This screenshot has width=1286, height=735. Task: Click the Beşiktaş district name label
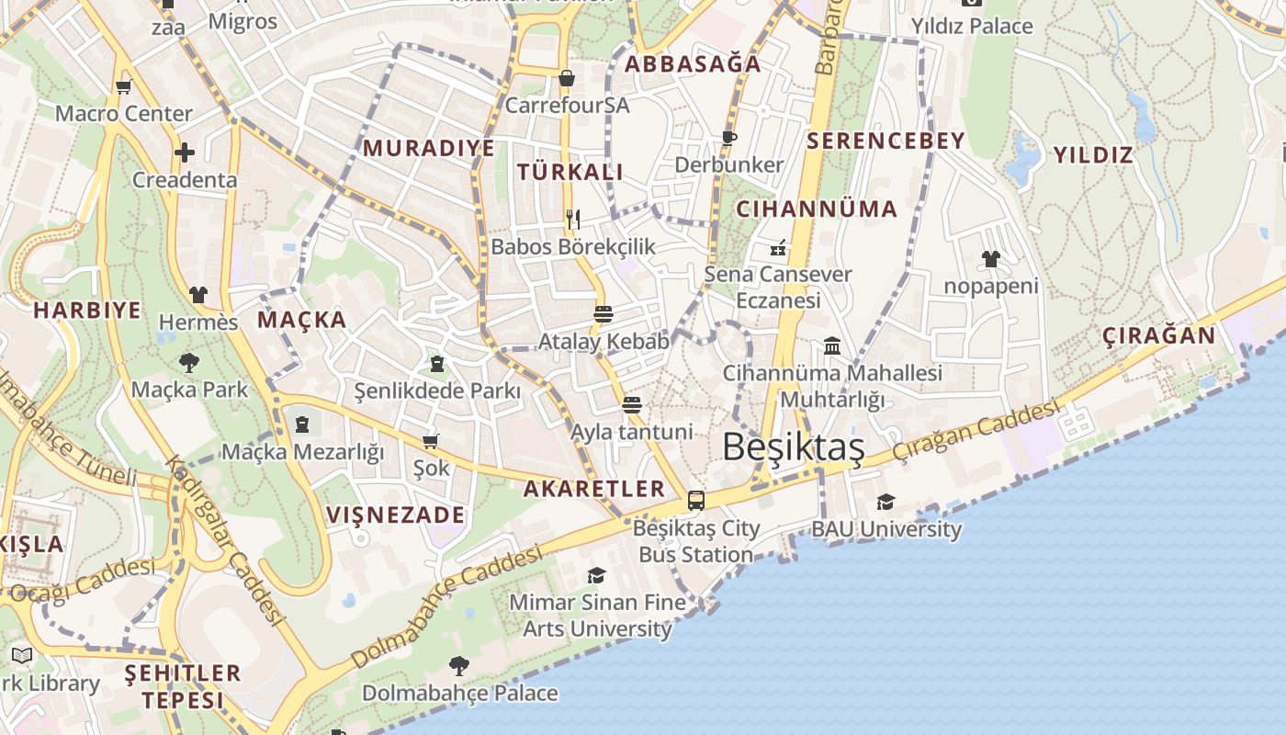(x=793, y=447)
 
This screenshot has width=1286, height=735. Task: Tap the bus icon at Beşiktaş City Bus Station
(x=696, y=501)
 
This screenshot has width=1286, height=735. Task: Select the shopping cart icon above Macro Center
(x=124, y=86)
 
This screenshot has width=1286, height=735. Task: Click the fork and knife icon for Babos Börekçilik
(x=573, y=219)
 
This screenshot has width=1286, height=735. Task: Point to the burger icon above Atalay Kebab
(x=604, y=313)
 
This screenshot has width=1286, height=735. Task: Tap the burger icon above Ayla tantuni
(x=631, y=404)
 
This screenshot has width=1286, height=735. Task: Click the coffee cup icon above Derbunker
(x=729, y=138)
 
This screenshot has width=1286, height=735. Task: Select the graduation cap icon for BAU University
(x=886, y=502)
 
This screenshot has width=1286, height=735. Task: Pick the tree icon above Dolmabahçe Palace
(x=459, y=665)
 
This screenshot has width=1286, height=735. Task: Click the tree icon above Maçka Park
(x=189, y=362)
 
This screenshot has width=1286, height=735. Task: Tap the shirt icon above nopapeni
(x=991, y=259)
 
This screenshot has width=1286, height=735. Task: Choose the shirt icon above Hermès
(x=198, y=295)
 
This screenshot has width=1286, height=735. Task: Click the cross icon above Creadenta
(x=185, y=152)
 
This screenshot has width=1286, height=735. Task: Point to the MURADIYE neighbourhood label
(x=429, y=148)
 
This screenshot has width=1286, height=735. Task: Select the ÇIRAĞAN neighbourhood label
(x=1158, y=335)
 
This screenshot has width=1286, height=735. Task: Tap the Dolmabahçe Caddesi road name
(x=446, y=607)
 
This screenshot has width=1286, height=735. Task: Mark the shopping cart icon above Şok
(x=431, y=441)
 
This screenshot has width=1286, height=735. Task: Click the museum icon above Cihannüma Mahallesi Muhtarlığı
(x=832, y=345)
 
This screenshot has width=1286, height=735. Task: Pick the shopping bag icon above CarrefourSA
(x=567, y=78)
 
